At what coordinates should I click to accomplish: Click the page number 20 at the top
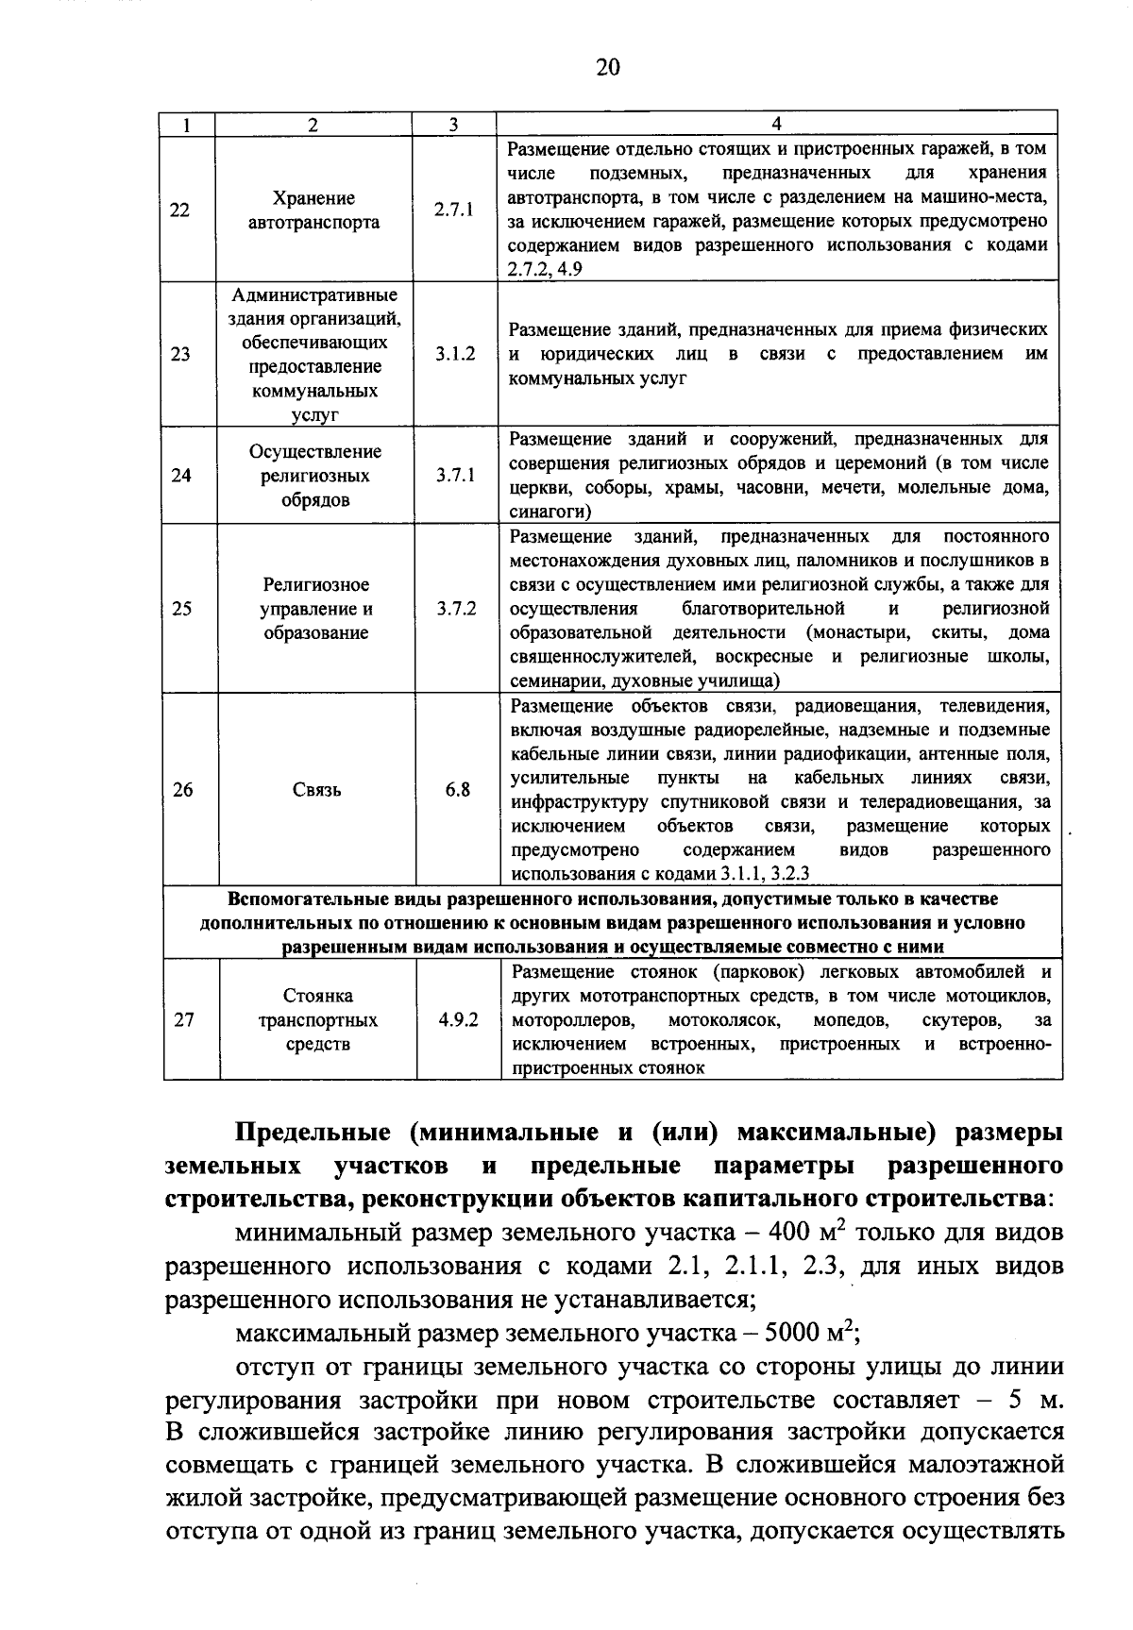tap(608, 67)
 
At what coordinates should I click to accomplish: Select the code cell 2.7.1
tap(454, 210)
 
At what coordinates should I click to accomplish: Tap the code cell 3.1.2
tap(455, 354)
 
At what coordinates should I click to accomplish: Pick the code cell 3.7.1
tap(455, 475)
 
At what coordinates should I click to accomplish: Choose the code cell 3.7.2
tap(456, 608)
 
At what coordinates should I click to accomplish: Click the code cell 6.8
tap(457, 789)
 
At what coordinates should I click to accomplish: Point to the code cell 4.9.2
tap(458, 1019)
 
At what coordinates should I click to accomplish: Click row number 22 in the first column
tap(179, 210)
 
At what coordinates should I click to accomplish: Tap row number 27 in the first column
tap(184, 1019)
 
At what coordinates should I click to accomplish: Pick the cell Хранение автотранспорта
tap(313, 210)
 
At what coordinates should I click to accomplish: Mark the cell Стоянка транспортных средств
tap(317, 1019)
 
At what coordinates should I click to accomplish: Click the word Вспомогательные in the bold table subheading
tap(304, 899)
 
